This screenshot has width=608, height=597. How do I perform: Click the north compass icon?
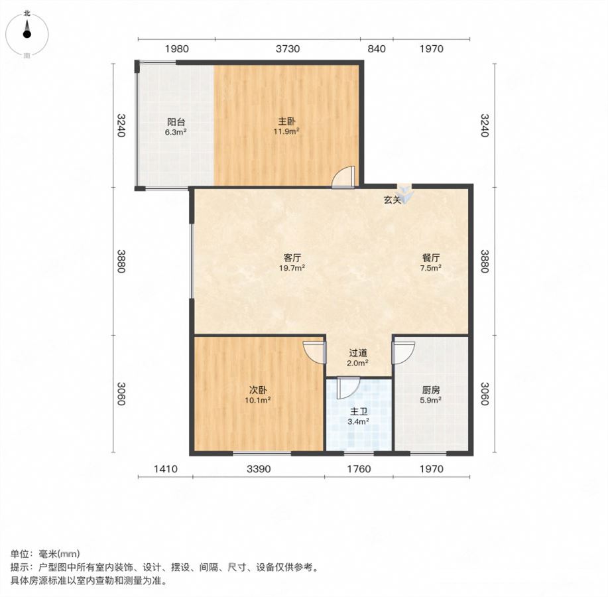[x=27, y=34]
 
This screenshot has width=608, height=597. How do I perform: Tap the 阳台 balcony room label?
[x=176, y=122]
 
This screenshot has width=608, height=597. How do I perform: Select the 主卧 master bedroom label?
[x=286, y=121]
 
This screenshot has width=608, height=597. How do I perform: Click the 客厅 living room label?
[x=292, y=258]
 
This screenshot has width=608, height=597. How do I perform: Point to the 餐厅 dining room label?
[x=431, y=258]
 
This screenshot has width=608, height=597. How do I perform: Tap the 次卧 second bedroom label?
[x=258, y=390]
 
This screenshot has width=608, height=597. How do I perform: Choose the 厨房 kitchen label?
[x=431, y=390]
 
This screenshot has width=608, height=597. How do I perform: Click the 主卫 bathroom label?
[x=358, y=412]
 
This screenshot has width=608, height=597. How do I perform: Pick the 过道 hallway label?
[x=358, y=353]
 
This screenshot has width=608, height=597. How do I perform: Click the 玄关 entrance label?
[x=393, y=200]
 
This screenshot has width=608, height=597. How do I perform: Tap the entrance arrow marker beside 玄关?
[x=405, y=194]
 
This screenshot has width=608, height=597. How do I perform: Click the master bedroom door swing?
[x=343, y=177]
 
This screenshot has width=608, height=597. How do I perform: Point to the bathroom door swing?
[x=348, y=387]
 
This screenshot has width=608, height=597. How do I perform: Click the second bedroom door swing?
[x=314, y=352]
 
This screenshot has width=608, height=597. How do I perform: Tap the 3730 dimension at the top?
[x=288, y=49]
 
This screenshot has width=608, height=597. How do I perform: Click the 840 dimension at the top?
[x=377, y=49]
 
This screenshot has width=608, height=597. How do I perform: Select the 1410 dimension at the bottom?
[x=166, y=469]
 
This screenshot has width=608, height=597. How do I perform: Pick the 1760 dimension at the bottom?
[x=359, y=469]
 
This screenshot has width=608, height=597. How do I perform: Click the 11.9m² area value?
[x=286, y=131]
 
